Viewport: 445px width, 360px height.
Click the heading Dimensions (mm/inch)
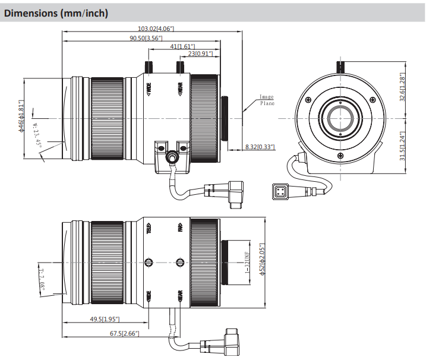56,12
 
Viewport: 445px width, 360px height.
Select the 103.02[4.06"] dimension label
156,29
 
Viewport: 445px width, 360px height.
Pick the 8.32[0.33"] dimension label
260,147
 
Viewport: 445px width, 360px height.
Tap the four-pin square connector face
279,192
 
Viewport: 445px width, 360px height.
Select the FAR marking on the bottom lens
179,227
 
